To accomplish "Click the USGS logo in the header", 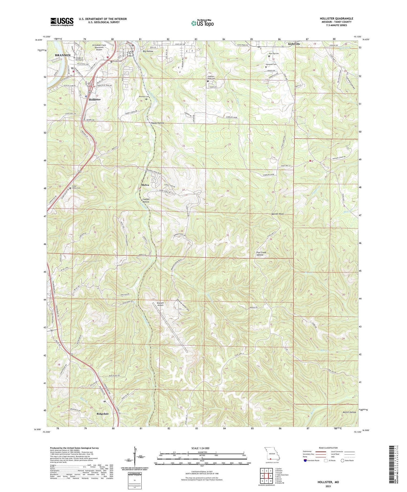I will click(62, 22).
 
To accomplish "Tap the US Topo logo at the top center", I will click(202, 23).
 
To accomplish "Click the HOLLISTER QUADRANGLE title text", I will click(336, 19).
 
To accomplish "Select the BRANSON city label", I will click(63, 55).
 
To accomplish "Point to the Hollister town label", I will click(95, 100).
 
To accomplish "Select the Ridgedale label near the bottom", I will click(103, 414).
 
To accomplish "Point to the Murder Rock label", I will click(278, 214).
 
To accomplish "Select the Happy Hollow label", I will click(157, 123).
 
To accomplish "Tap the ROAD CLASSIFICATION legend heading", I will click(328, 448).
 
